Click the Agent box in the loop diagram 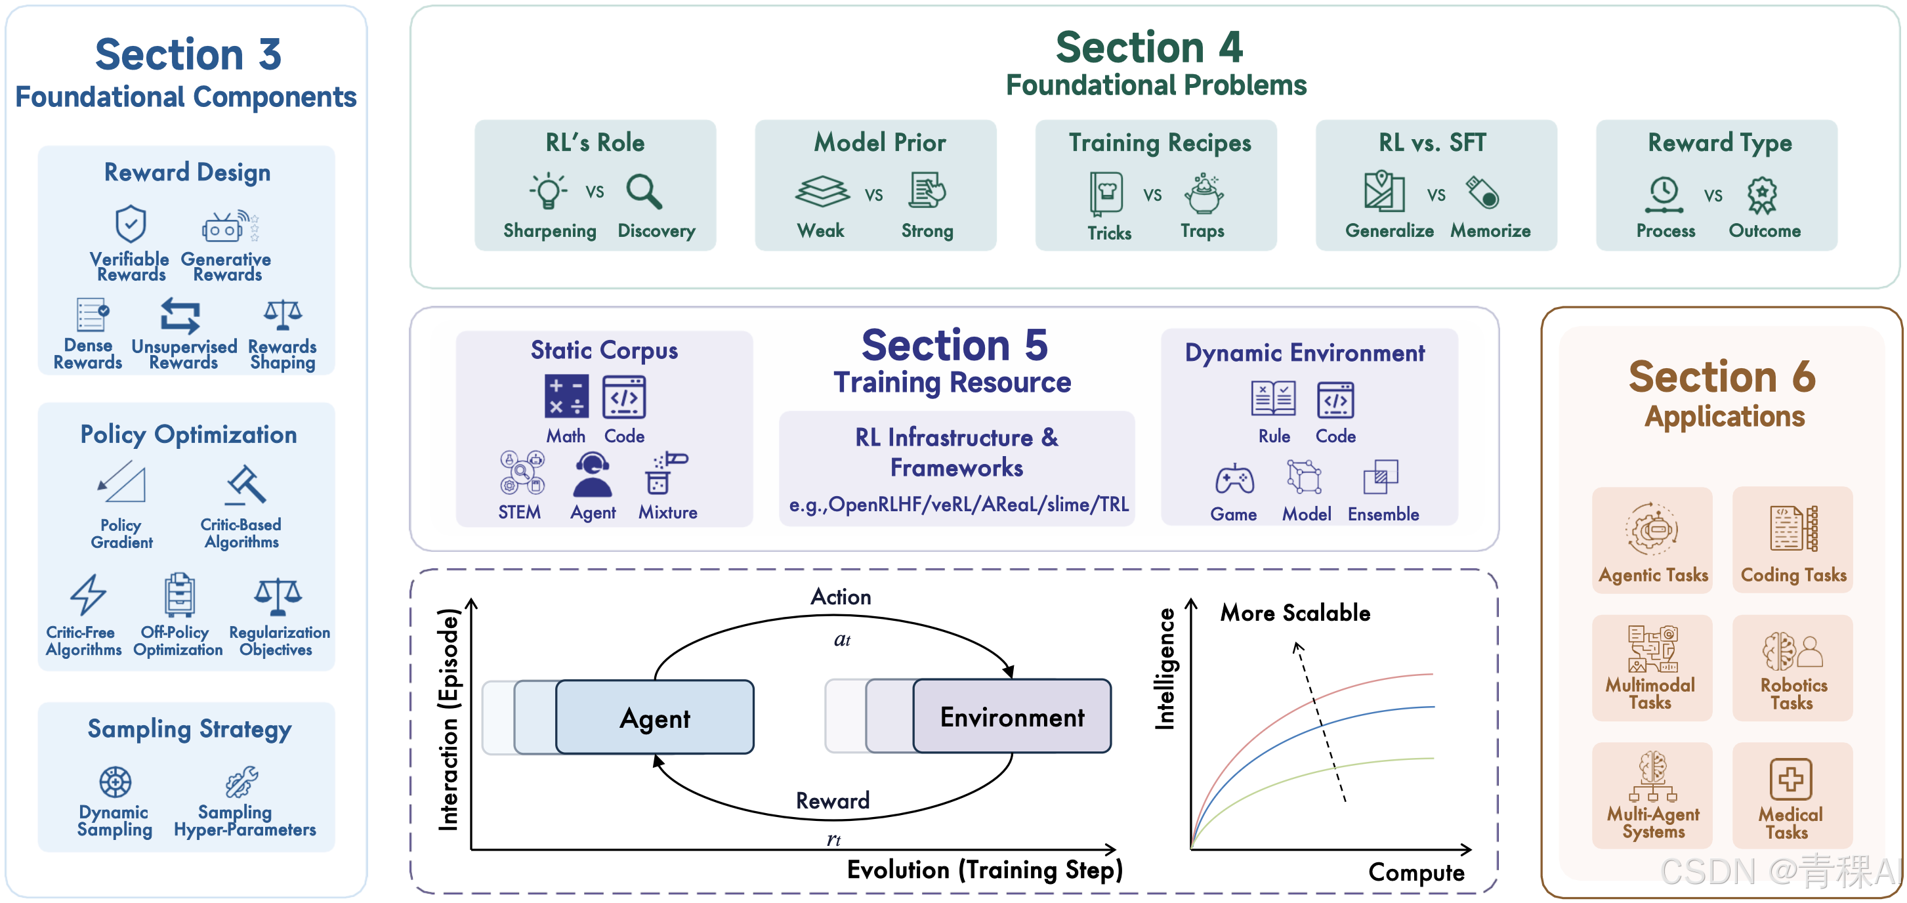pos(654,717)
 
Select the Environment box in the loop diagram pos(1011,717)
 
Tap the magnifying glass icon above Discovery pos(643,192)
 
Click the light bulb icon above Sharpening pos(549,192)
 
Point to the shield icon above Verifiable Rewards pos(131,224)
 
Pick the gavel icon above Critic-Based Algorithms pos(245,485)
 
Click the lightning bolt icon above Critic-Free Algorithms pos(88,595)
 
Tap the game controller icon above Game pos(1234,479)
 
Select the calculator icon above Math pos(566,397)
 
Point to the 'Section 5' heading pos(954,345)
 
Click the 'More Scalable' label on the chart pos(1295,613)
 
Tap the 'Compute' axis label pos(1416,872)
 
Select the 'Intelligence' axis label pos(1165,668)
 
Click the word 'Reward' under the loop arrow pos(832,800)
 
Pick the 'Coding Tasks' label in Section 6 pos(1793,574)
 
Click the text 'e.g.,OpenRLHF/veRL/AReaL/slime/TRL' pos(959,505)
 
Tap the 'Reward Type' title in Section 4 pos(1719,142)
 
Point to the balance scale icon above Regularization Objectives pos(278,597)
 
